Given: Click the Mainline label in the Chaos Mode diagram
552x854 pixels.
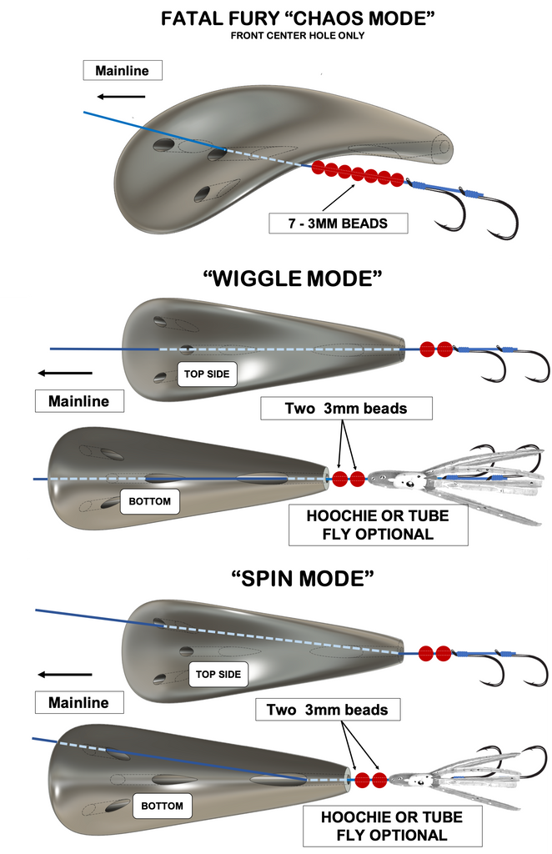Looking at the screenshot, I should click(x=122, y=71).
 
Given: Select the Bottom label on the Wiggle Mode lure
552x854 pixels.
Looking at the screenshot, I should click(x=150, y=502).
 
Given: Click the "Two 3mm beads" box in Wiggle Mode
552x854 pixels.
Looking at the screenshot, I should click(x=347, y=408).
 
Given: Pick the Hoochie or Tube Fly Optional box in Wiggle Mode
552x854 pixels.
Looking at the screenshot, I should click(x=378, y=525).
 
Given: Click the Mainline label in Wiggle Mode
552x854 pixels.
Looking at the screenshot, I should click(x=78, y=401).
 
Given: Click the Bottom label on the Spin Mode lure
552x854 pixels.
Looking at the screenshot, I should click(x=162, y=806).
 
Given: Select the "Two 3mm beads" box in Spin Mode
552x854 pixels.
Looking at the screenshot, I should click(x=327, y=710).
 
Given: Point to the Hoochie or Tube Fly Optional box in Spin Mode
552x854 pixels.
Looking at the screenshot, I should click(x=391, y=825).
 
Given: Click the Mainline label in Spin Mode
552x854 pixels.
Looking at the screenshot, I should click(x=78, y=703).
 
